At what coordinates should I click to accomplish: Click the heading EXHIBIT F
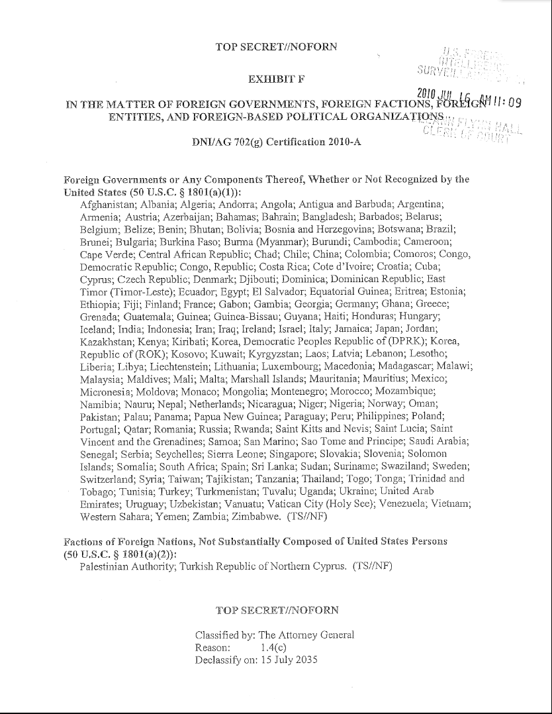coord(276,80)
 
